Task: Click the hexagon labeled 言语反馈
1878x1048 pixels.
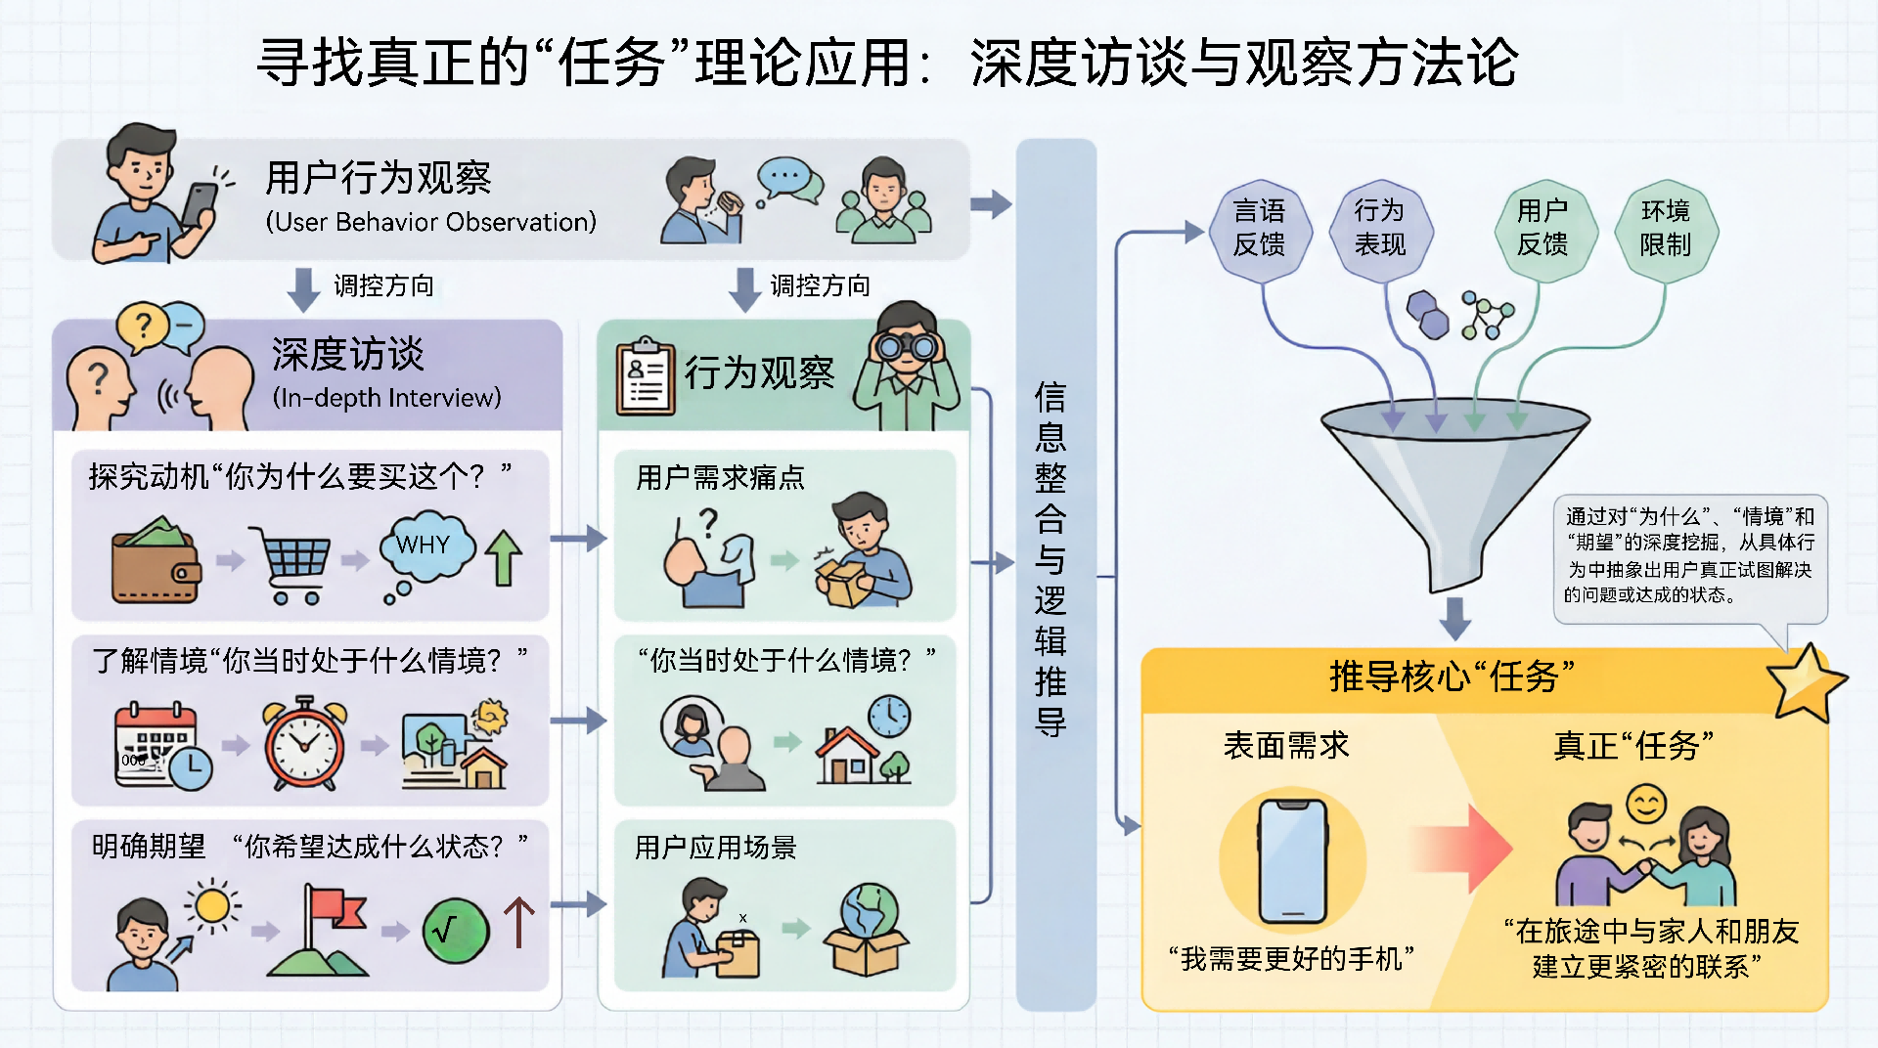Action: (1259, 229)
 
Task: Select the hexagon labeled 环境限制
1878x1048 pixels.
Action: (1665, 229)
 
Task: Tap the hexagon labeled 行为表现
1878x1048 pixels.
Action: (1380, 229)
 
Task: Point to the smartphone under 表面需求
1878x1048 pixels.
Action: (1292, 861)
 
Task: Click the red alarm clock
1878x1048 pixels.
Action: (304, 743)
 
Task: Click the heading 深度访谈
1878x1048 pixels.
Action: (348, 354)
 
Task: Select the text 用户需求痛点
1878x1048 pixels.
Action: (720, 478)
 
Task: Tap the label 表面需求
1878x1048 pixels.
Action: (1286, 746)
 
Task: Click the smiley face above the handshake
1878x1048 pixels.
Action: (1646, 805)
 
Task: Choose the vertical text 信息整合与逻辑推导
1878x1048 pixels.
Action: (1051, 558)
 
